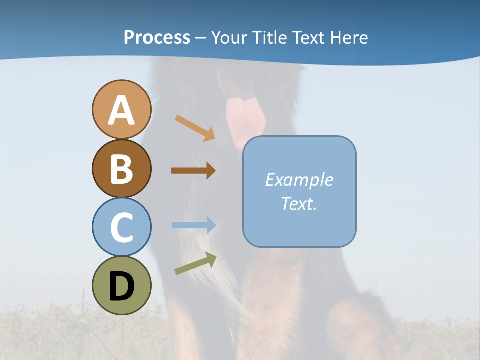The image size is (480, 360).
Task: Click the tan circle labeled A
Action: [x=121, y=109]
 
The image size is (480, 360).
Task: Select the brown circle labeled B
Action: [x=121, y=168]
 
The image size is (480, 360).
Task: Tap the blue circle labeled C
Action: [x=121, y=227]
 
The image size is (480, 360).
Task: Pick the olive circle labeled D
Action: [x=121, y=285]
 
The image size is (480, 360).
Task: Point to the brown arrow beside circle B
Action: [x=193, y=170]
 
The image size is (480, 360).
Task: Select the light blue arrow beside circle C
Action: [x=193, y=225]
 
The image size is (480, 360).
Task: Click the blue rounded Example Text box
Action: [x=299, y=191]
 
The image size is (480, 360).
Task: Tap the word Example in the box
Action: [x=299, y=180]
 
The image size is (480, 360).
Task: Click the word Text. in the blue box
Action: [x=299, y=203]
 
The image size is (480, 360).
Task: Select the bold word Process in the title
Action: [x=157, y=37]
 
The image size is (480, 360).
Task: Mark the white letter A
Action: [x=121, y=110]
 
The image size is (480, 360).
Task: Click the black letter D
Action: [x=121, y=286]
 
